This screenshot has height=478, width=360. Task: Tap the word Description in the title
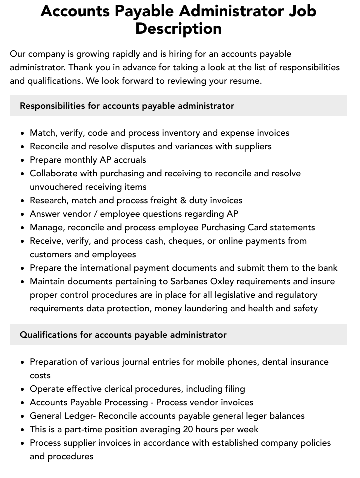click(178, 29)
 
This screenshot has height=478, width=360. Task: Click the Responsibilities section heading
click(127, 106)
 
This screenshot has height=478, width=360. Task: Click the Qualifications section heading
click(123, 335)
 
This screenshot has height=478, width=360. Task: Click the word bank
click(327, 268)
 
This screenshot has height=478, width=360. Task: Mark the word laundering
click(218, 308)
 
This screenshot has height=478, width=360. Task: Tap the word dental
click(276, 362)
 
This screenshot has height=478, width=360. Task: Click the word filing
click(234, 389)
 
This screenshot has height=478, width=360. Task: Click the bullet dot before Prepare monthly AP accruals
click(22, 160)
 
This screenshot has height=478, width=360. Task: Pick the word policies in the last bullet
click(313, 443)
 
